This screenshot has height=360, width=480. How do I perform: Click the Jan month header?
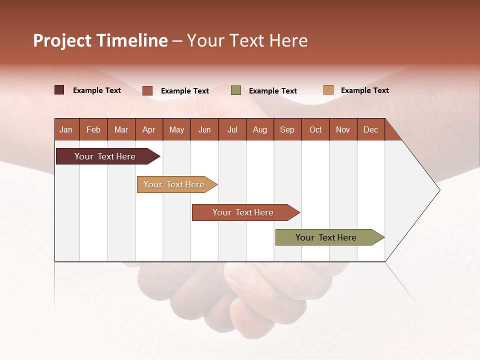(66, 129)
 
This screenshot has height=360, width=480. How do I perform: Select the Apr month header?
(148, 129)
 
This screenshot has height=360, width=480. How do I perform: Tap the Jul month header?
(232, 129)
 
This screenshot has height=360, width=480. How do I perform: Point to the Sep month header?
(287, 129)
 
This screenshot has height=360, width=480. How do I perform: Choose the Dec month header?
(370, 129)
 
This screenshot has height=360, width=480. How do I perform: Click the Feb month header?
(93, 129)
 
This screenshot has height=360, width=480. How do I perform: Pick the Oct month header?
(315, 129)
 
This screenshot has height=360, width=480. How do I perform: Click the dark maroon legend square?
(59, 90)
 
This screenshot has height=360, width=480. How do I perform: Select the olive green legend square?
(236, 90)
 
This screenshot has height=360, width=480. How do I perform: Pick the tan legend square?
(328, 90)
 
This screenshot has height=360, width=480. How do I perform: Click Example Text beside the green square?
(272, 91)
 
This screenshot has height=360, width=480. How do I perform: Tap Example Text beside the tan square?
(364, 90)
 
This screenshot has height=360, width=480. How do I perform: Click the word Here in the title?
(288, 40)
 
